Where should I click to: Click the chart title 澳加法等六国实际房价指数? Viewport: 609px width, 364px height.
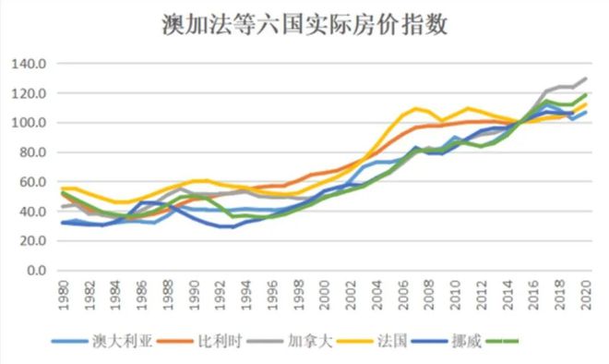[304, 26]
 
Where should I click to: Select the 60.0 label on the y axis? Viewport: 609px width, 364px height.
[33, 182]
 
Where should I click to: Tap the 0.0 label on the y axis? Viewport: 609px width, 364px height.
[37, 271]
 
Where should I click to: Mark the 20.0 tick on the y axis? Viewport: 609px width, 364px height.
[33, 241]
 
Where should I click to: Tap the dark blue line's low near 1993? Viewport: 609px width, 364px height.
[231, 226]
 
